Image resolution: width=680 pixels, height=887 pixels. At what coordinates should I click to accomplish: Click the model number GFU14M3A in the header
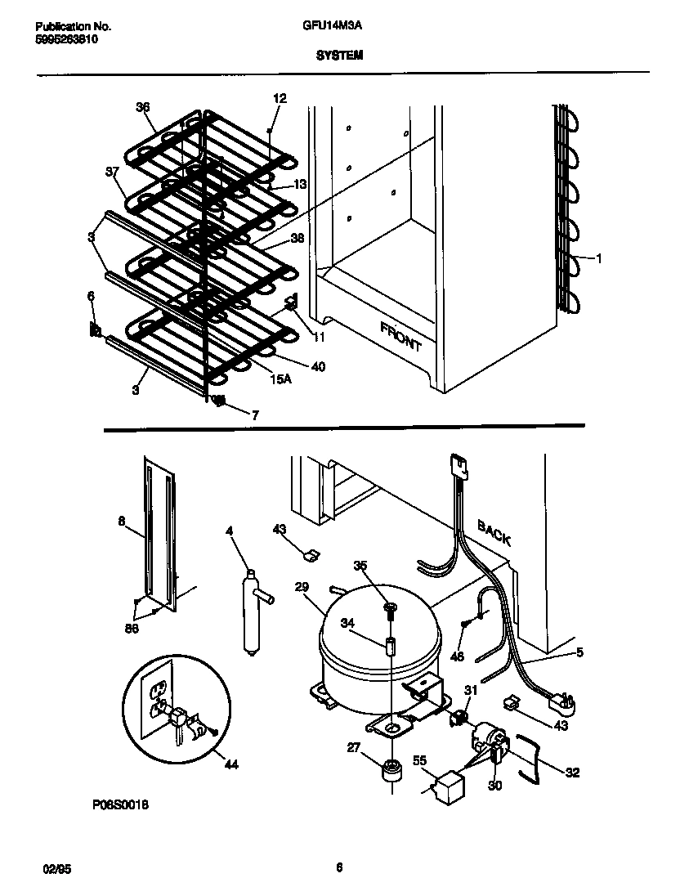click(339, 26)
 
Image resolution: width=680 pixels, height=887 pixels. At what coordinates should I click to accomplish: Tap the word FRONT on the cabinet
click(400, 336)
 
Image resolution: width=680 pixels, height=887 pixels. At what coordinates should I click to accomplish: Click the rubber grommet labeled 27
click(391, 770)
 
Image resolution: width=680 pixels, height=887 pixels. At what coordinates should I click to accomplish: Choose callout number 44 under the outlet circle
click(231, 765)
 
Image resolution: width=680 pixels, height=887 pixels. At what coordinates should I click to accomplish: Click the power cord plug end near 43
click(562, 701)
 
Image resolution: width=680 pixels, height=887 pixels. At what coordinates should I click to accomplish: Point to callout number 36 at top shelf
click(143, 107)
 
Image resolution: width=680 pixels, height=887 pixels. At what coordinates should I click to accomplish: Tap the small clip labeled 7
click(219, 401)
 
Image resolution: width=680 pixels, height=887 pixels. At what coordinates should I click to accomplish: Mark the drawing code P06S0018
click(120, 804)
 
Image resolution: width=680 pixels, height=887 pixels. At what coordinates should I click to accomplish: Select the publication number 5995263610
click(68, 38)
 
